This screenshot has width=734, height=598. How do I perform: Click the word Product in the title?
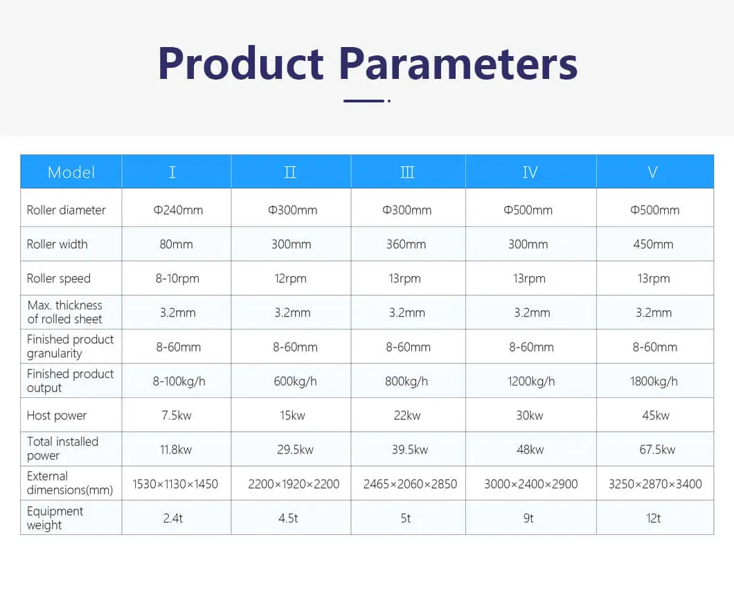pyautogui.click(x=240, y=63)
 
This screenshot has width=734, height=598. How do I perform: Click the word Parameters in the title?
pyautogui.click(x=458, y=63)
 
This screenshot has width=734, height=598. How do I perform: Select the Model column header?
pyautogui.click(x=71, y=172)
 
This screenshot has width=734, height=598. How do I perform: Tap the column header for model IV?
pyautogui.click(x=530, y=172)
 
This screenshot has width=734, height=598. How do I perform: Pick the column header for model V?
pyautogui.click(x=652, y=172)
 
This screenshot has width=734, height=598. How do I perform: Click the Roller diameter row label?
pyautogui.click(x=66, y=210)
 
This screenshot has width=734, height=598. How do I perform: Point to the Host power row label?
pyautogui.click(x=57, y=415)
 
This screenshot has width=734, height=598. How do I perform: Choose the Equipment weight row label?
pyautogui.click(x=55, y=518)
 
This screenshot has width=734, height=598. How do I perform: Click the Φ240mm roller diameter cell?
pyautogui.click(x=178, y=210)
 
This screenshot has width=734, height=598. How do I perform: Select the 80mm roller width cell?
pyautogui.click(x=176, y=244)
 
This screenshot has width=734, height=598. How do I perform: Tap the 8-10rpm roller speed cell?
pyautogui.click(x=177, y=278)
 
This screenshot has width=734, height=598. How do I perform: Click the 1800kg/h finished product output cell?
pyautogui.click(x=654, y=381)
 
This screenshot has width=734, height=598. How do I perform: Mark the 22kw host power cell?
pyautogui.click(x=407, y=415)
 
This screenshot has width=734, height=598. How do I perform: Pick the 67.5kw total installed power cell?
pyautogui.click(x=657, y=450)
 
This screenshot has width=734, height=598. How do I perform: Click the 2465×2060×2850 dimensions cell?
pyautogui.click(x=410, y=484)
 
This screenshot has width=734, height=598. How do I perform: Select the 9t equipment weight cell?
pyautogui.click(x=528, y=518)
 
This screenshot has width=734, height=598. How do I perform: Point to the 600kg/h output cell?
pyautogui.click(x=296, y=381)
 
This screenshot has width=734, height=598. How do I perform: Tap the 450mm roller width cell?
pyautogui.click(x=653, y=244)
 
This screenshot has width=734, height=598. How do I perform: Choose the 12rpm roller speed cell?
pyautogui.click(x=290, y=278)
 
